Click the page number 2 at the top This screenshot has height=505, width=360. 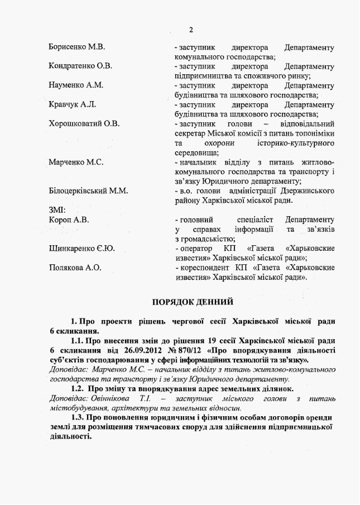pyautogui.click(x=191, y=30)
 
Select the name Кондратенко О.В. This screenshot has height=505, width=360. pyautogui.click(x=80, y=66)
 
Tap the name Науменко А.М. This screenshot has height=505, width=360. pyautogui.click(x=76, y=85)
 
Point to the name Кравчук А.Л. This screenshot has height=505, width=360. pyautogui.click(x=73, y=104)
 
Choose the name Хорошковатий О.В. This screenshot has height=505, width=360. pyautogui.click(x=84, y=123)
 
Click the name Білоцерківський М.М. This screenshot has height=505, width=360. pyautogui.click(x=88, y=190)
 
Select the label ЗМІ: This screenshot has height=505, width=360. pyautogui.click(x=57, y=210)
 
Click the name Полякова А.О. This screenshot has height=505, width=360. pyautogui.click(x=75, y=268)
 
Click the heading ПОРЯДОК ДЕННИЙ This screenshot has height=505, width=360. pyautogui.click(x=193, y=302)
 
